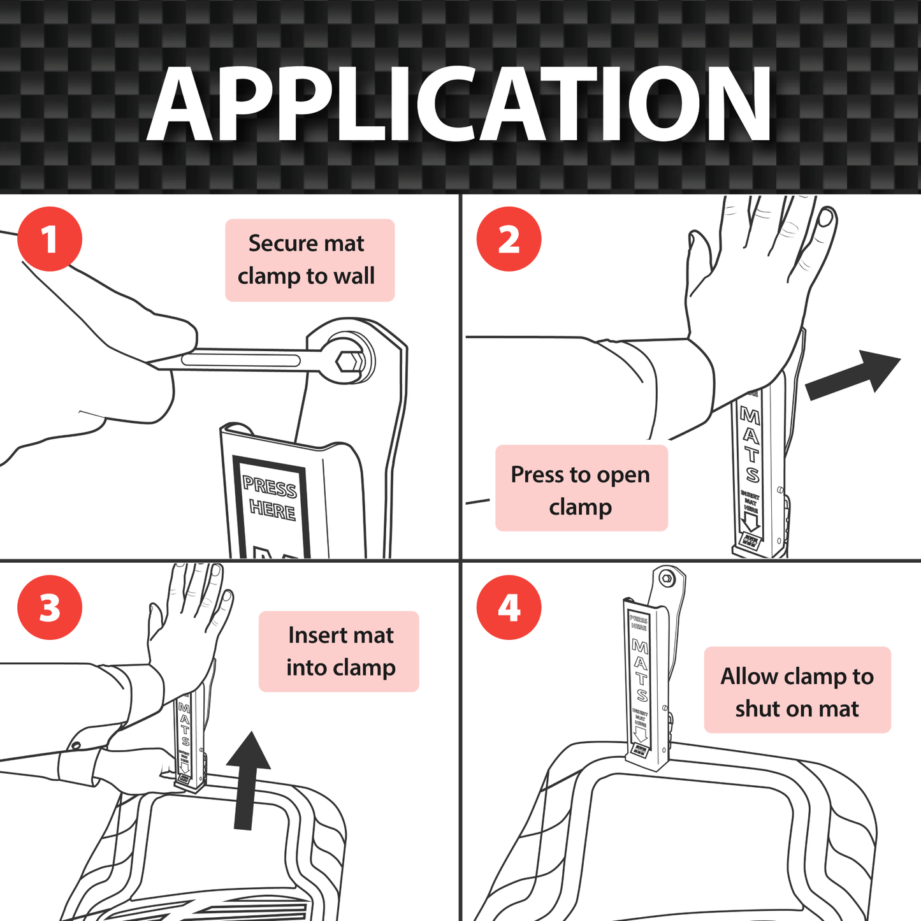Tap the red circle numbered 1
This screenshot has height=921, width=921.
pyautogui.click(x=50, y=240)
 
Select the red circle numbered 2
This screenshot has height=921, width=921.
pyautogui.click(x=509, y=240)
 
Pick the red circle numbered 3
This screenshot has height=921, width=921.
pyautogui.click(x=50, y=607)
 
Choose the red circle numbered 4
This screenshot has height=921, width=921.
pyautogui.click(x=509, y=607)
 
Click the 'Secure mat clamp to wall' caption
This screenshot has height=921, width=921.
pyautogui.click(x=310, y=260)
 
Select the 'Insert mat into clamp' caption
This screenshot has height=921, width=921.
pyautogui.click(x=338, y=651)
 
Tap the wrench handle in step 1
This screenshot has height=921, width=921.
pyautogui.click(x=242, y=360)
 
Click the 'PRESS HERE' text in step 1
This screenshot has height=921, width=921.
pyautogui.click(x=270, y=499)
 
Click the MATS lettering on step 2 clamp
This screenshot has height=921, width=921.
pyautogui.click(x=751, y=446)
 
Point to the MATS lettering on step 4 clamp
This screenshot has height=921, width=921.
pyautogui.click(x=640, y=669)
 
